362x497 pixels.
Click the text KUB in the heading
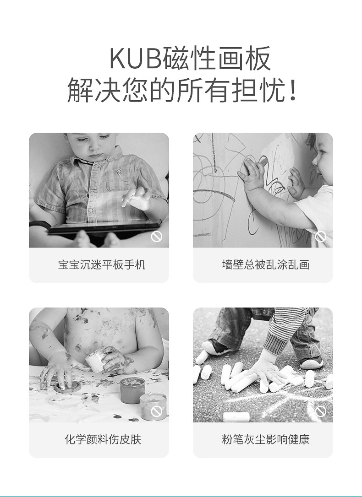pyautogui.click(x=136, y=59)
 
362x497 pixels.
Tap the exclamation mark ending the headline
pyautogui.click(x=293, y=91)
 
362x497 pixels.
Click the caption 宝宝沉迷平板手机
pyautogui.click(x=102, y=265)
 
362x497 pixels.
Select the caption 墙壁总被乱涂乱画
pyautogui.click(x=266, y=265)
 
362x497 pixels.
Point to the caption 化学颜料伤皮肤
pyautogui.click(x=103, y=439)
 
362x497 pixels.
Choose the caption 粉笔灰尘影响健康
pyautogui.click(x=266, y=439)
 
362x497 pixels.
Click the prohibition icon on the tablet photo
pyautogui.click(x=156, y=237)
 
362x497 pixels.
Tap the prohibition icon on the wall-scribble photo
pyautogui.click(x=320, y=237)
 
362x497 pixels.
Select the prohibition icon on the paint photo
pyautogui.click(x=156, y=411)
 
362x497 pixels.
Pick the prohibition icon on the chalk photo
pyautogui.click(x=320, y=411)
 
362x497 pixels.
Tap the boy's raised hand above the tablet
pyautogui.click(x=137, y=198)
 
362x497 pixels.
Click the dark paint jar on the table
pyautogui.click(x=132, y=390)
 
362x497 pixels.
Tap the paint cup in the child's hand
pyautogui.click(x=95, y=359)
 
